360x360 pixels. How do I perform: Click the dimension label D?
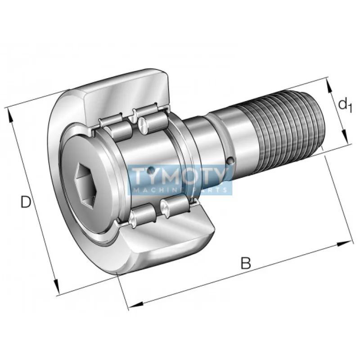(x=26, y=202)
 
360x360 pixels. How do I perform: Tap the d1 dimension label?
(x=344, y=105)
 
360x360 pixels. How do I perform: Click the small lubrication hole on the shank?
(x=231, y=160)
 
